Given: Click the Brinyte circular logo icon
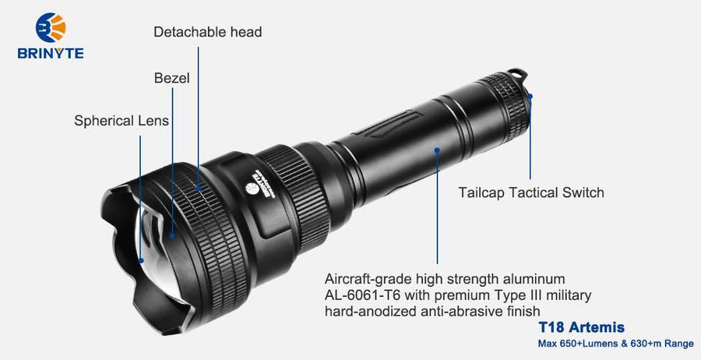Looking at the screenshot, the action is click(x=51, y=28).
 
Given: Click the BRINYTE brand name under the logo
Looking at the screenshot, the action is click(x=51, y=54).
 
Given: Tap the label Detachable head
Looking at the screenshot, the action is click(x=207, y=32).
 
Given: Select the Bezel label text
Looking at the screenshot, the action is click(x=171, y=78).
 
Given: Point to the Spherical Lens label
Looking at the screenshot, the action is click(x=122, y=121).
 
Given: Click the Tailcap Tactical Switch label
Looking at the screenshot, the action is click(x=531, y=192).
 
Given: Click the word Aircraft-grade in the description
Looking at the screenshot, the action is click(x=368, y=280).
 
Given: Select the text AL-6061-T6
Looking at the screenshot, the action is click(x=361, y=295).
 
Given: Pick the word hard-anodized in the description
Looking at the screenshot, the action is click(x=371, y=311).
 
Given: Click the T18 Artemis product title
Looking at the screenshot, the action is click(x=581, y=327).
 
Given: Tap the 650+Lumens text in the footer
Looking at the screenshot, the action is click(x=583, y=344).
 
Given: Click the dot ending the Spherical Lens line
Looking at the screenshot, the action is click(x=141, y=260).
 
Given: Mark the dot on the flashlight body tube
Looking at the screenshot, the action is click(x=437, y=150).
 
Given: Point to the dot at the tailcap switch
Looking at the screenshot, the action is click(x=530, y=96).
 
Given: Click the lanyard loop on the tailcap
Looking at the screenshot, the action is click(x=517, y=74).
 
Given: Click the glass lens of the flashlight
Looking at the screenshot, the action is click(x=157, y=250).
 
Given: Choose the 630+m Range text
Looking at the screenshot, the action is click(x=657, y=344).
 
